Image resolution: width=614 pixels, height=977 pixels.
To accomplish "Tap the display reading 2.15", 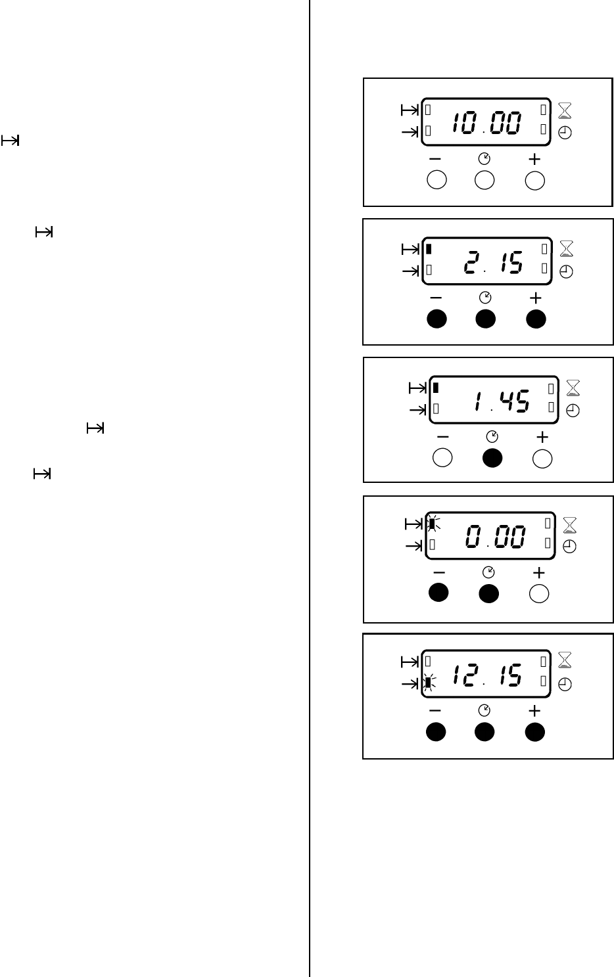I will pos(486,261).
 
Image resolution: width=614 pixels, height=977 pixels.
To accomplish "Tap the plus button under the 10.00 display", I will pos(535,181).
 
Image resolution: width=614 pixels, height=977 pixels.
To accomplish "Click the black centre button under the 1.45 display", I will pos(492,459).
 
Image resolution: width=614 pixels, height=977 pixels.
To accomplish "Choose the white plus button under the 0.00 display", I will pos(538,594).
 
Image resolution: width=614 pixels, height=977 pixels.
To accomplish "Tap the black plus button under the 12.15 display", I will pos(534,732).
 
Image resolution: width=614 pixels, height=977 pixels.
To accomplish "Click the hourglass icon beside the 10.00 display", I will pos(565,110).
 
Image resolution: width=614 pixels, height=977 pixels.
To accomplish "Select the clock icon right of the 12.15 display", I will pos(565,684).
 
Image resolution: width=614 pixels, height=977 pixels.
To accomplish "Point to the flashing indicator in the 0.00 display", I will pos(433,524).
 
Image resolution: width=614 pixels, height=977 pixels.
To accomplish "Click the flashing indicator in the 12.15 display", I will pos(428,684).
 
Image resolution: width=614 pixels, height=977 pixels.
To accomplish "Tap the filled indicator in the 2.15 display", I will pos(429,249).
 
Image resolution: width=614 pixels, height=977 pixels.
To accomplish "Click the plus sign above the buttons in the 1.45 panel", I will pos(542,436).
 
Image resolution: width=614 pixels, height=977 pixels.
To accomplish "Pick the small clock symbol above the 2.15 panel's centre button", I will pos(485,298).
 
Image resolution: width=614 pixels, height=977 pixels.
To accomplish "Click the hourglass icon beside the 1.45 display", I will pos(573,388).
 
